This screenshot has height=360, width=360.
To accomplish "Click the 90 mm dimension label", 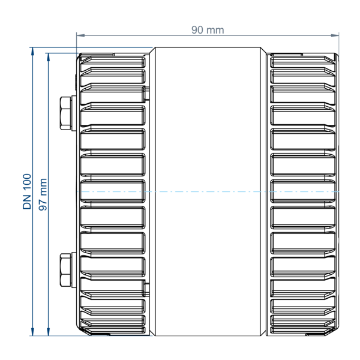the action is (208, 30).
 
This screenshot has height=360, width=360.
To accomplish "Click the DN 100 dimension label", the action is (27, 191).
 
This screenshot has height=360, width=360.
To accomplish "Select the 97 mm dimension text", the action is (43, 194).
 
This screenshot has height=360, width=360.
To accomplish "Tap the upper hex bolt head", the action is (65, 113).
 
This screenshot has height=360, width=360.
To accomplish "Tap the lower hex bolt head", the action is (65, 270).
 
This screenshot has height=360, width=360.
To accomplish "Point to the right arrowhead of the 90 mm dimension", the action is (335, 35).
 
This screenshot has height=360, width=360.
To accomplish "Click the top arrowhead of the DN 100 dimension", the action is (32, 51).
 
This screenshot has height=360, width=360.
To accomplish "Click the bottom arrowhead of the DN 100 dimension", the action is (32, 332).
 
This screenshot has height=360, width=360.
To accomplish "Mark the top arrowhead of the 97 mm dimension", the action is (48, 57).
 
